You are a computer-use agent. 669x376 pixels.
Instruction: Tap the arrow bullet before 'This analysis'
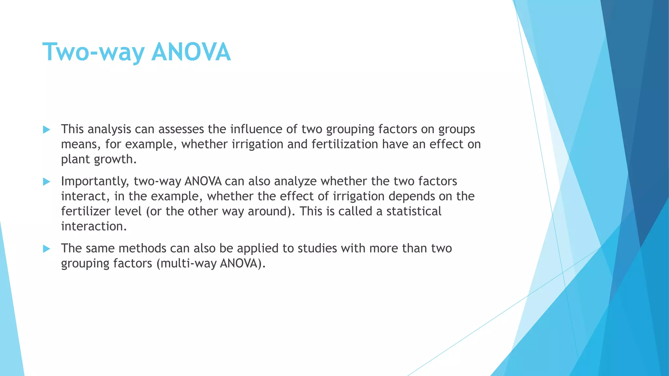[46, 130]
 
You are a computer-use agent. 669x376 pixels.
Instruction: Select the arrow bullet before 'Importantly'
[46, 182]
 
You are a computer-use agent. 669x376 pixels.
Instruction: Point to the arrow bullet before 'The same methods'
[46, 249]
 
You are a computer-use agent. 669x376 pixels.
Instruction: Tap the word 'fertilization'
[345, 144]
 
